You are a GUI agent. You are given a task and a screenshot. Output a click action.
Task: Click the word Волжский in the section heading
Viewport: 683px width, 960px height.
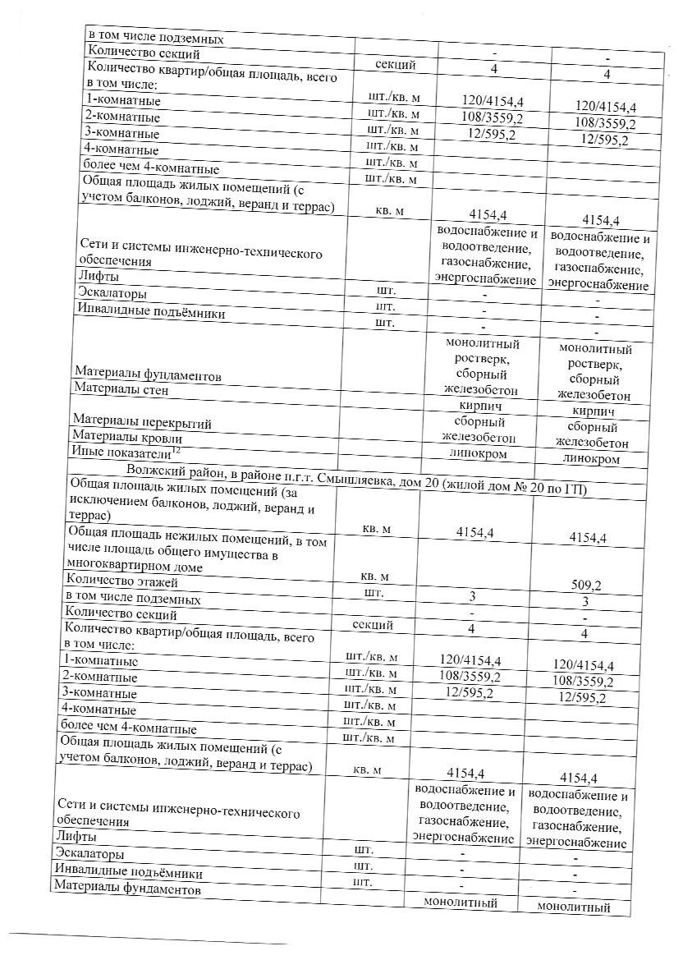[x=154, y=470]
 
